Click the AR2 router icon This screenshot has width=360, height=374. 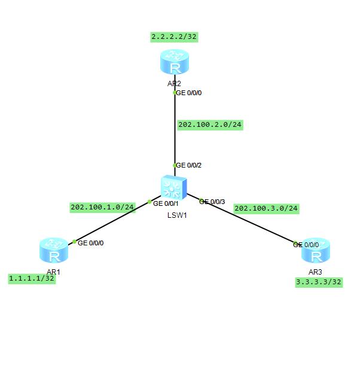[x=175, y=62]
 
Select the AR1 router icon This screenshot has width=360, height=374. [x=54, y=251]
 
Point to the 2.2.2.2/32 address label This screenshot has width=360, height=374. [x=174, y=37]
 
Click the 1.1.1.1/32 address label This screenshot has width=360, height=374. [x=32, y=278]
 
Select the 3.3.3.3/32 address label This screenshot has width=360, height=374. [x=319, y=282]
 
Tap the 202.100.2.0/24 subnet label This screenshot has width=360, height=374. [x=210, y=124]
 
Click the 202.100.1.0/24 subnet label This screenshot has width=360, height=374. [x=102, y=207]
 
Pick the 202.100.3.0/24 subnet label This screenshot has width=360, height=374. [x=266, y=208]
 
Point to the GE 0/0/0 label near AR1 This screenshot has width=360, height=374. [x=91, y=243]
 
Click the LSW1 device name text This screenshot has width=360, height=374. [x=177, y=215]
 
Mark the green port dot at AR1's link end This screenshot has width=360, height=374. [x=74, y=242]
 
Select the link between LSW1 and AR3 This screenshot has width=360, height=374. [x=251, y=223]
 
